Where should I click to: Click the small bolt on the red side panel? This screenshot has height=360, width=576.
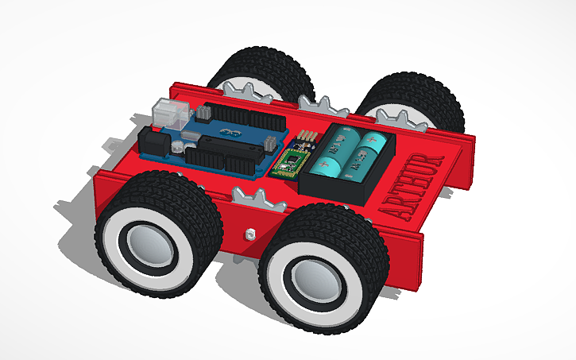tap(249, 234)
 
